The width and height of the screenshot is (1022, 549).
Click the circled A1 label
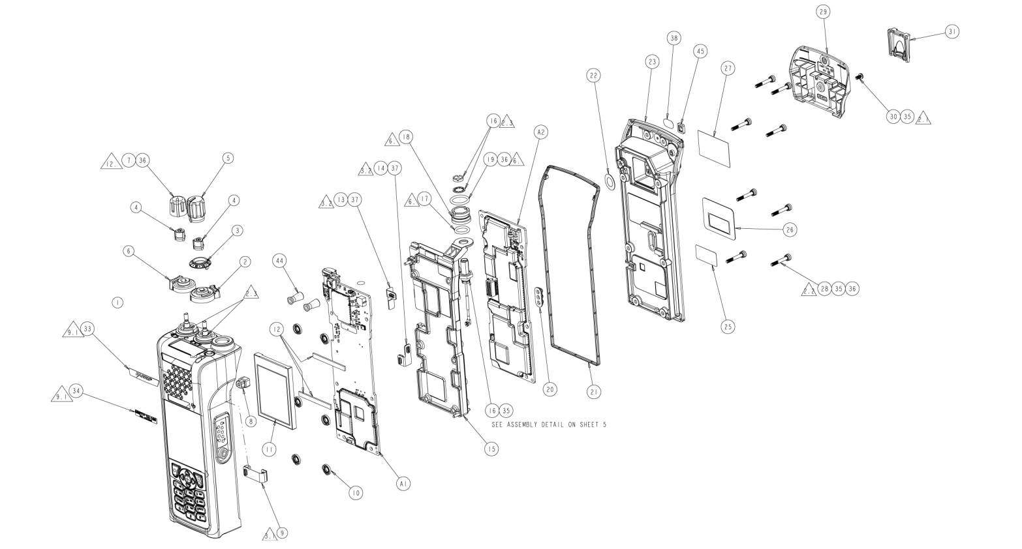(x=404, y=483)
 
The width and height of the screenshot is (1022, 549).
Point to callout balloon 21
(x=594, y=391)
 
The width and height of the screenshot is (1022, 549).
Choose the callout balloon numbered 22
(x=593, y=76)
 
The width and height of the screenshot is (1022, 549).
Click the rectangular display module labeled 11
(x=275, y=389)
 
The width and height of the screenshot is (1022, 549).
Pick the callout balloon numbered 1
(x=117, y=303)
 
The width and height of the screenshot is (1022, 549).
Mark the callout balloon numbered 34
(x=76, y=391)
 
